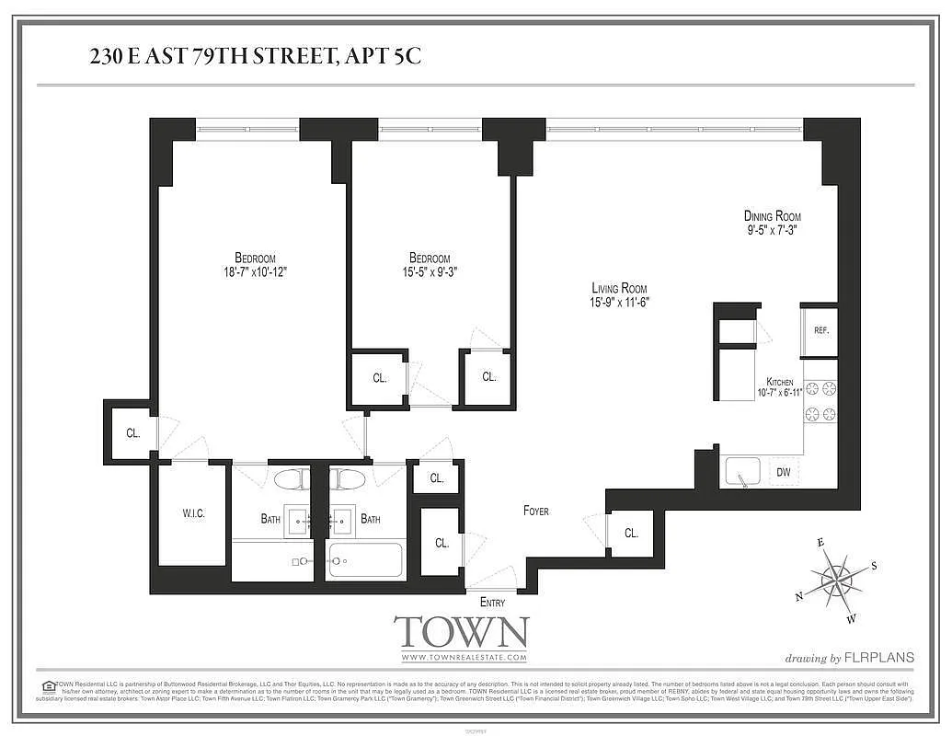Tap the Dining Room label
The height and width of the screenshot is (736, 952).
772,216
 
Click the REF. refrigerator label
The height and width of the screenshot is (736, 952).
820,330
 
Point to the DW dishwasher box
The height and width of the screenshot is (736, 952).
783,473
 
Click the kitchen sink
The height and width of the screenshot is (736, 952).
741,473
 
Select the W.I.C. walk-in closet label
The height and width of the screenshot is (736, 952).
193,513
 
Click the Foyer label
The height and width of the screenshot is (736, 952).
536,511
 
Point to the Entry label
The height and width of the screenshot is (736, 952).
492,603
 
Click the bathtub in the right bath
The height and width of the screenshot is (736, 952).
365,560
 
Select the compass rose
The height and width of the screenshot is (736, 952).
837,580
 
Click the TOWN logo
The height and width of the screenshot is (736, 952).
462,633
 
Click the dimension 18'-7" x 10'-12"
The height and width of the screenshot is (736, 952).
254,272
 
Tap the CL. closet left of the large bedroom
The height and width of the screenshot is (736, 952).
132,432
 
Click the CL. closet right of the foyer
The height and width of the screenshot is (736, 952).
631,534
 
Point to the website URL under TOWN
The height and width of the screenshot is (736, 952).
463,658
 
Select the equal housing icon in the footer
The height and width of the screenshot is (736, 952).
48,685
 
